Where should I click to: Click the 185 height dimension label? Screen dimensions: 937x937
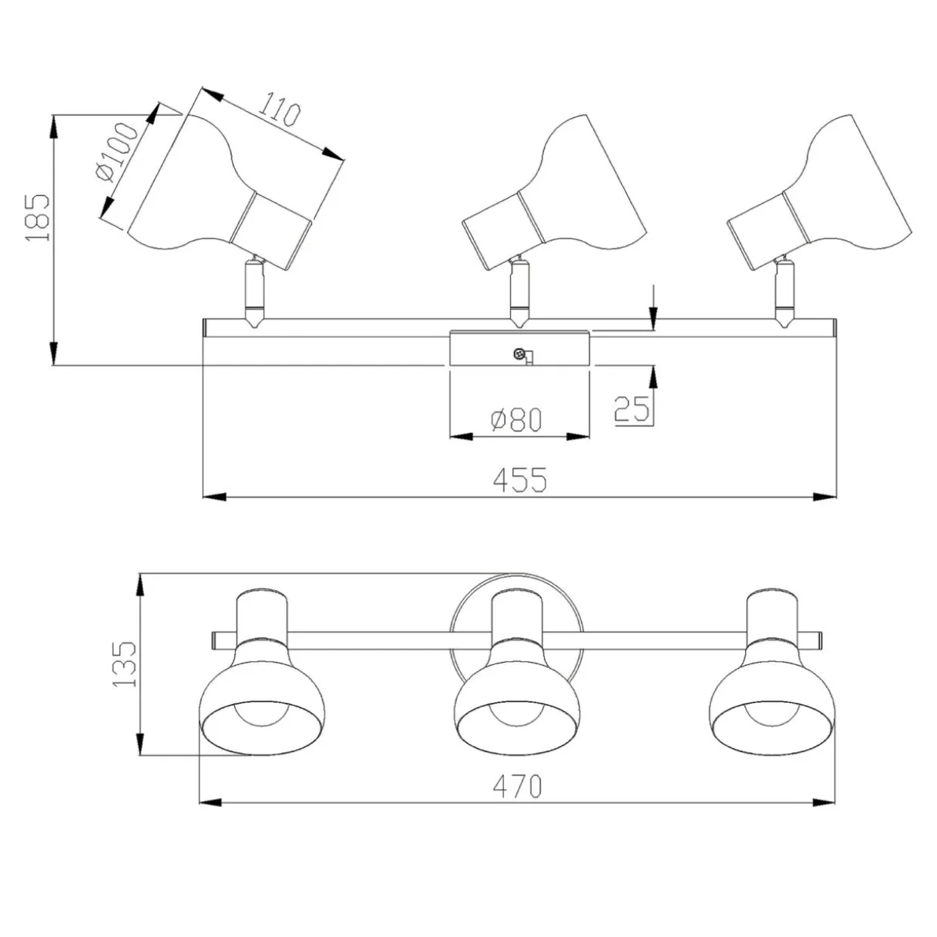pos(38,218)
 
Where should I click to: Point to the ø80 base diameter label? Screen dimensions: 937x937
pos(516,419)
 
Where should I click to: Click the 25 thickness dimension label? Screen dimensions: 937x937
pos(632,408)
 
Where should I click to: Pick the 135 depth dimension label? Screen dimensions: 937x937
pos(125,664)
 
